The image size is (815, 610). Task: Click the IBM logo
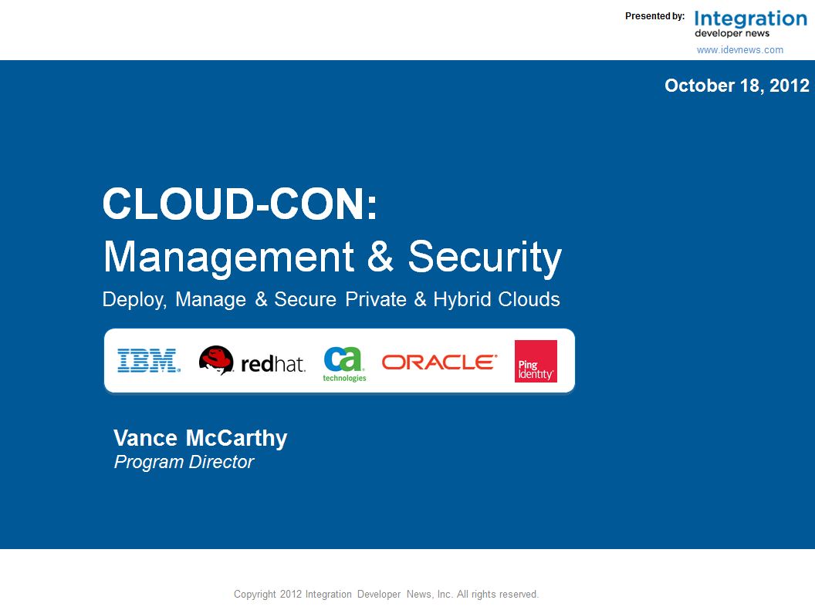pyautogui.click(x=149, y=360)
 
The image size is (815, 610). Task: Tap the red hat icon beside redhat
pyautogui.click(x=216, y=360)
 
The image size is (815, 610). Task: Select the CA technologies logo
pyautogui.click(x=344, y=364)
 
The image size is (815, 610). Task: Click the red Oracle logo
pyautogui.click(x=440, y=362)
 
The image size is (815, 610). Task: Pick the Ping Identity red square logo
pyautogui.click(x=536, y=362)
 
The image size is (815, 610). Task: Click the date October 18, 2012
pyautogui.click(x=736, y=85)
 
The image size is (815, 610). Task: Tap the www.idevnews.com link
pyautogui.click(x=739, y=50)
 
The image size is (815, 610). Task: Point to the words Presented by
pyautogui.click(x=655, y=16)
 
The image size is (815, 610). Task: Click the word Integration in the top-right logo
pyautogui.click(x=750, y=19)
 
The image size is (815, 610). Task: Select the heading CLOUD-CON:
pyautogui.click(x=240, y=204)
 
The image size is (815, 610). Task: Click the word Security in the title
pyautogui.click(x=485, y=257)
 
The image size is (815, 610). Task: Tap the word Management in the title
pyautogui.click(x=228, y=257)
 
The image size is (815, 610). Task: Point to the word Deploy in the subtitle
pyautogui.click(x=134, y=299)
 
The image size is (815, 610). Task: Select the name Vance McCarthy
pyautogui.click(x=200, y=438)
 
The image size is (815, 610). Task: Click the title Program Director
pyautogui.click(x=184, y=461)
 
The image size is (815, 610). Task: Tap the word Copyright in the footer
pyautogui.click(x=255, y=594)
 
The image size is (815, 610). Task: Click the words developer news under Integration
pyautogui.click(x=732, y=33)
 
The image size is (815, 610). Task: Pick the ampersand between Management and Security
pyautogui.click(x=380, y=256)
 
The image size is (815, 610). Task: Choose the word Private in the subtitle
pyautogui.click(x=376, y=299)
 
